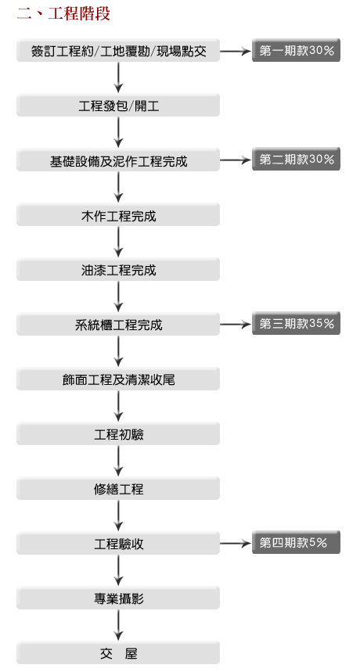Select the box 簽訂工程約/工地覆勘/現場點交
[x=118, y=51]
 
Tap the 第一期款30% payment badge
[x=296, y=51]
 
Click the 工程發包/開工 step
[x=118, y=106]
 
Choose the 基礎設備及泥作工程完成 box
[x=118, y=160]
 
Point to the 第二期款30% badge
[x=296, y=160]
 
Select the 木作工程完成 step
[x=118, y=214]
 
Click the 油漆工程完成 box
[x=118, y=270]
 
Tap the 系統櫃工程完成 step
[x=118, y=325]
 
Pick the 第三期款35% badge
[x=296, y=324]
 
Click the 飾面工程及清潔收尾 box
[x=118, y=379]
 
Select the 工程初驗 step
[x=118, y=433]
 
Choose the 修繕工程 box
[x=118, y=489]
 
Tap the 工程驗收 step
[x=118, y=544]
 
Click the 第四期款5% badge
[x=296, y=543]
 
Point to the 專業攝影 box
[x=118, y=598]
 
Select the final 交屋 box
[x=118, y=652]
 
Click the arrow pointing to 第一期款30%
[x=236, y=52]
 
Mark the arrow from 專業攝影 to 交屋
[x=118, y=625]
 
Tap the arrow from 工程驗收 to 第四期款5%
[x=236, y=544]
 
